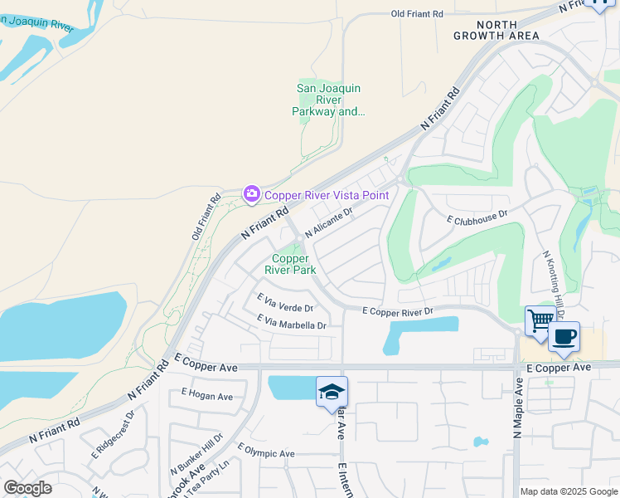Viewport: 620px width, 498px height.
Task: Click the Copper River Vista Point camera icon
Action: [x=251, y=194]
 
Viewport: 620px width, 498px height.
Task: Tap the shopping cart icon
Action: [x=540, y=319]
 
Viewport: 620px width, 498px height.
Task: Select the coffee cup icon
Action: [x=564, y=337]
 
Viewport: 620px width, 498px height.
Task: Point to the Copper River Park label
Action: [x=290, y=264]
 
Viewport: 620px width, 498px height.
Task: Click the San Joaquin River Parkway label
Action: [x=330, y=100]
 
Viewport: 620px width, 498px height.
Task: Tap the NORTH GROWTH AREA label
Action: [x=496, y=29]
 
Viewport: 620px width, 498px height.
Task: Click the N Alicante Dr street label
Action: [x=329, y=222]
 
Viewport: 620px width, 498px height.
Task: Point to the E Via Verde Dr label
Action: [x=284, y=302]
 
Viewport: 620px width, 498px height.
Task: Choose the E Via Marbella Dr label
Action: [x=292, y=322]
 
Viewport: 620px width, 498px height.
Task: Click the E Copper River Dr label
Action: [x=399, y=311]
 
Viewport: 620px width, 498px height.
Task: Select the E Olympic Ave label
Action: [x=266, y=452]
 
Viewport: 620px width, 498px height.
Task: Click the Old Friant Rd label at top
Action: [x=417, y=14]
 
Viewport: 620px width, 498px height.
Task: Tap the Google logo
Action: [x=27, y=487]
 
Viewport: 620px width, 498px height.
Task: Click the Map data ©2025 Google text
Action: [x=568, y=491]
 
